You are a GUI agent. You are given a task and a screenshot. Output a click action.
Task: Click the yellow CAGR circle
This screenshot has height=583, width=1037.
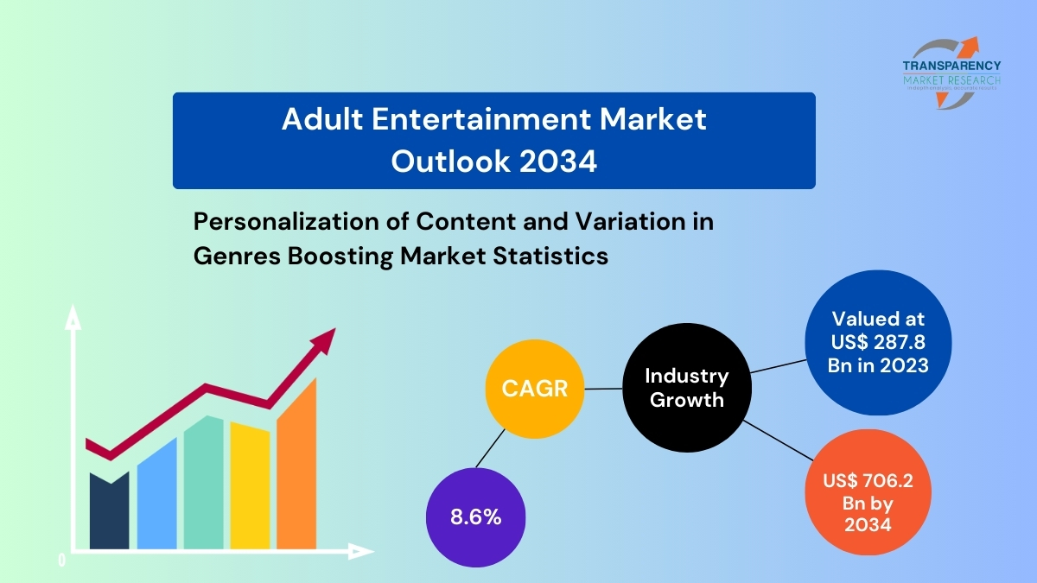tap(535, 389)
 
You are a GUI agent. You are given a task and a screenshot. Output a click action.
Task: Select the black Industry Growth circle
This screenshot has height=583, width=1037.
tap(686, 388)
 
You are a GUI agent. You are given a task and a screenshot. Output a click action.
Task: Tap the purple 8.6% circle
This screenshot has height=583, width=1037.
tap(475, 517)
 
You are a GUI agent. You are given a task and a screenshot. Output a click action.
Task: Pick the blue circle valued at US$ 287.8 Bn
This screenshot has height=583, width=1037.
tap(878, 342)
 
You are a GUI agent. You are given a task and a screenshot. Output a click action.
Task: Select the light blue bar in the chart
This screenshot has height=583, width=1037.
tap(157, 497)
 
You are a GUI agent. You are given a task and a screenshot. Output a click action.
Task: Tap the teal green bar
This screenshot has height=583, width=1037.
tap(204, 484)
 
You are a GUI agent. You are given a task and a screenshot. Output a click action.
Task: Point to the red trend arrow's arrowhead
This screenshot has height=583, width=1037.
tap(324, 339)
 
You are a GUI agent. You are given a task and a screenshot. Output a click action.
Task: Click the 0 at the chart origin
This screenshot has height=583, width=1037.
tap(62, 560)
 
